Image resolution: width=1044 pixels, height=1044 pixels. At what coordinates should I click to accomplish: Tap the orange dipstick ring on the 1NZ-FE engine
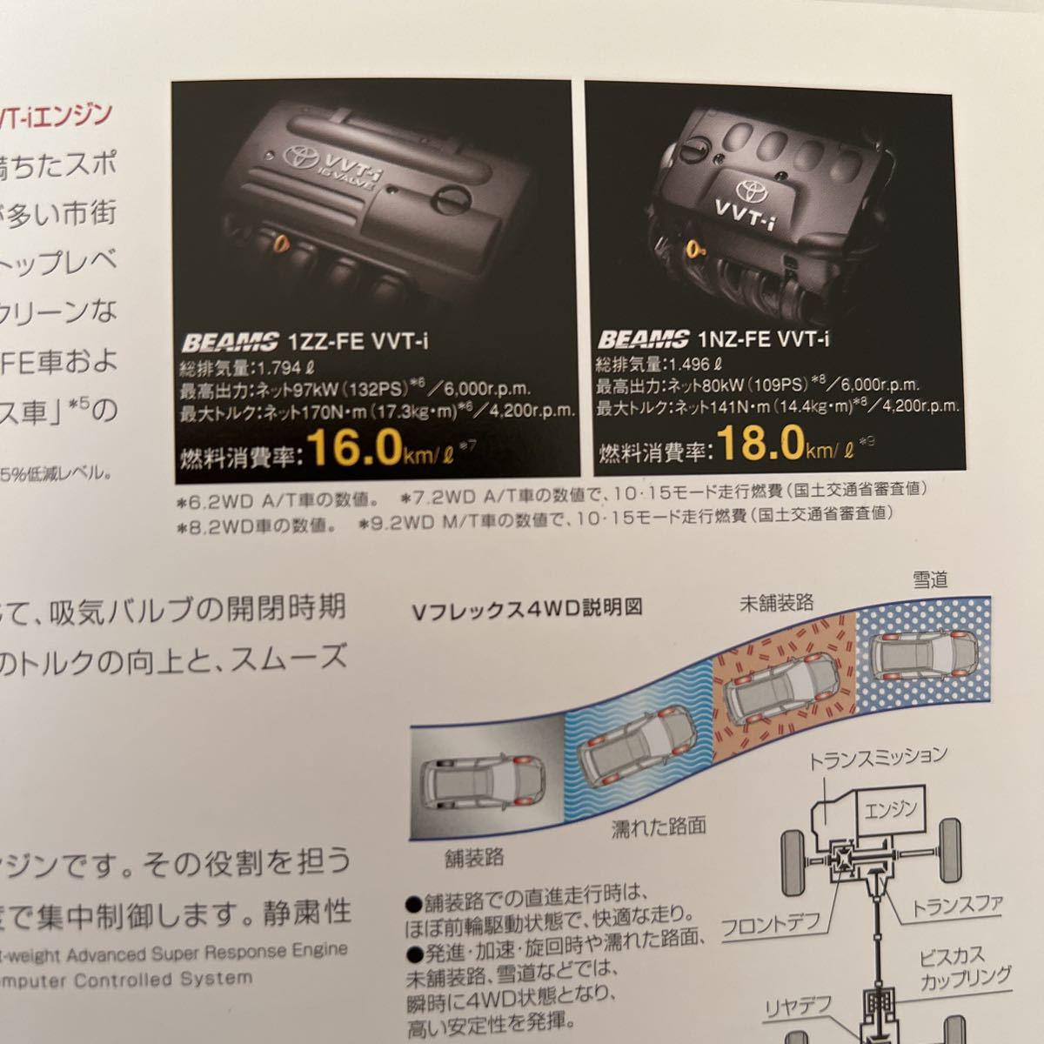694,247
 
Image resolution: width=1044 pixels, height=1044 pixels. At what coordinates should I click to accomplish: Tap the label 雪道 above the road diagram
929,579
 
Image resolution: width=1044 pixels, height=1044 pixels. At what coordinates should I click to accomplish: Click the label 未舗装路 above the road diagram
776,602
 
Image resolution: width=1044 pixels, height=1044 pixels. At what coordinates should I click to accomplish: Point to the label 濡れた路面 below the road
658,826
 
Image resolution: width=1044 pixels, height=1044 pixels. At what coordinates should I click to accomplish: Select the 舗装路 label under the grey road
474,858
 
